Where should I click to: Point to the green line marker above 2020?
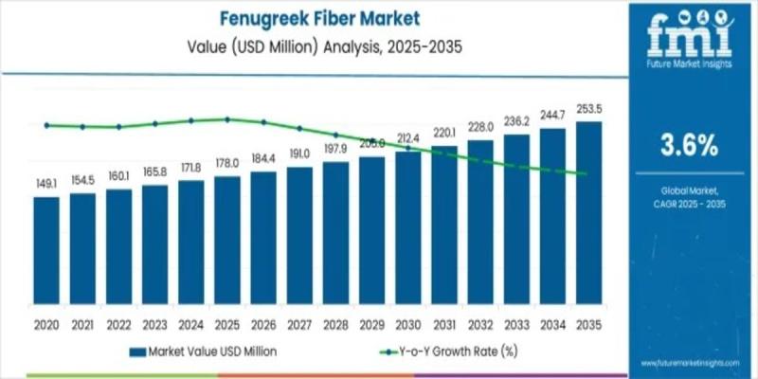coord(46,125)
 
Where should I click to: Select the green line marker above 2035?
coord(588,173)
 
